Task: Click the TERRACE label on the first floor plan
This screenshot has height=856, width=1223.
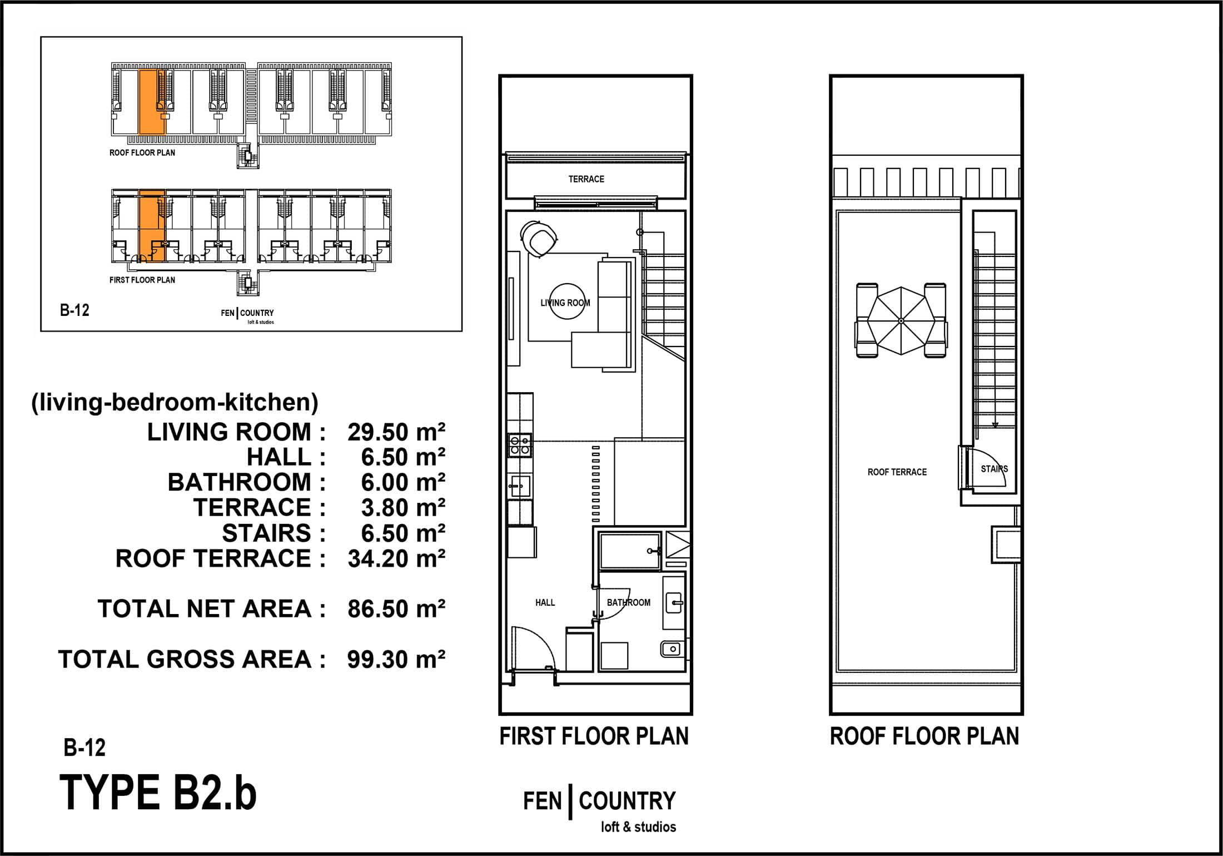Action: click(x=586, y=179)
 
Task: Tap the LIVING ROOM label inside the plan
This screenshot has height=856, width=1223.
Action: click(x=565, y=303)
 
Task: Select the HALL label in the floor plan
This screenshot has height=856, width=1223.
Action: click(x=545, y=602)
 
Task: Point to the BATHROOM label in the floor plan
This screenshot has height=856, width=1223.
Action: click(x=628, y=602)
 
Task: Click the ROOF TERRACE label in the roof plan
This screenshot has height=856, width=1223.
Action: click(x=897, y=472)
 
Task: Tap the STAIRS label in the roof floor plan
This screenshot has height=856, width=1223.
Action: click(x=994, y=469)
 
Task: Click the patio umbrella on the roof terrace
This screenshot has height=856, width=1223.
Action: click(x=901, y=321)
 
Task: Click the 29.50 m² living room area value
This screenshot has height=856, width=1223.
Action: click(x=396, y=432)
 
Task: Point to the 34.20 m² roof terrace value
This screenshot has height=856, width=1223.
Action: click(x=396, y=558)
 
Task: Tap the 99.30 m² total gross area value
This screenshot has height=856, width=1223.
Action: click(x=396, y=659)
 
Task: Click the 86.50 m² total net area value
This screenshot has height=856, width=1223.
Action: click(x=396, y=609)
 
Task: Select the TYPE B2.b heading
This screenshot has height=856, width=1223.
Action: click(x=158, y=793)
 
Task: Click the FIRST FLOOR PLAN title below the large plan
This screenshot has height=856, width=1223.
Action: click(x=594, y=736)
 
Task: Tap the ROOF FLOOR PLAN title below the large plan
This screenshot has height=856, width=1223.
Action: click(x=924, y=736)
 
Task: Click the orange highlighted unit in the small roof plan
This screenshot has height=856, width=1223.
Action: click(x=152, y=102)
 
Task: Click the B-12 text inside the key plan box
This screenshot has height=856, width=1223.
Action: click(x=74, y=310)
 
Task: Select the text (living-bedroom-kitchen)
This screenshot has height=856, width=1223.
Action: click(x=175, y=402)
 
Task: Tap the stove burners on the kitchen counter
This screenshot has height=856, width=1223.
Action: click(x=520, y=445)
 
